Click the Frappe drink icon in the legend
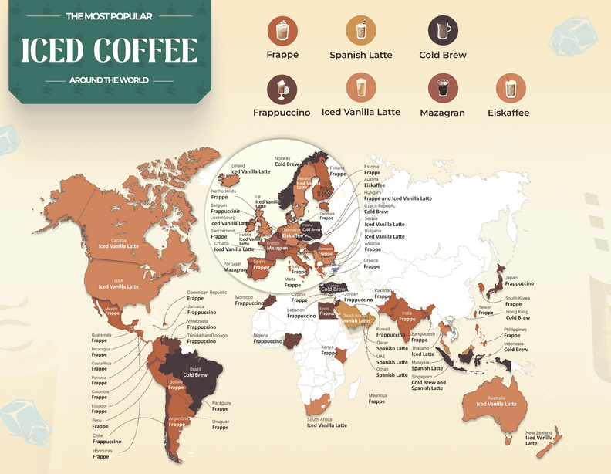(282, 31)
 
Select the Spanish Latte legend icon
(360, 31)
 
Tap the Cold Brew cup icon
(442, 31)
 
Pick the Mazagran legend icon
(442, 89)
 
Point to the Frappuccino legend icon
(282, 89)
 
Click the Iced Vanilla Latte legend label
(360, 112)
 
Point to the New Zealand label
(540, 438)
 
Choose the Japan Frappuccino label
(519, 280)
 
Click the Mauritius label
(377, 398)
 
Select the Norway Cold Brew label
(286, 161)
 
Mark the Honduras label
(102, 453)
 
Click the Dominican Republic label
(207, 295)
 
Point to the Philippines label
(515, 332)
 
